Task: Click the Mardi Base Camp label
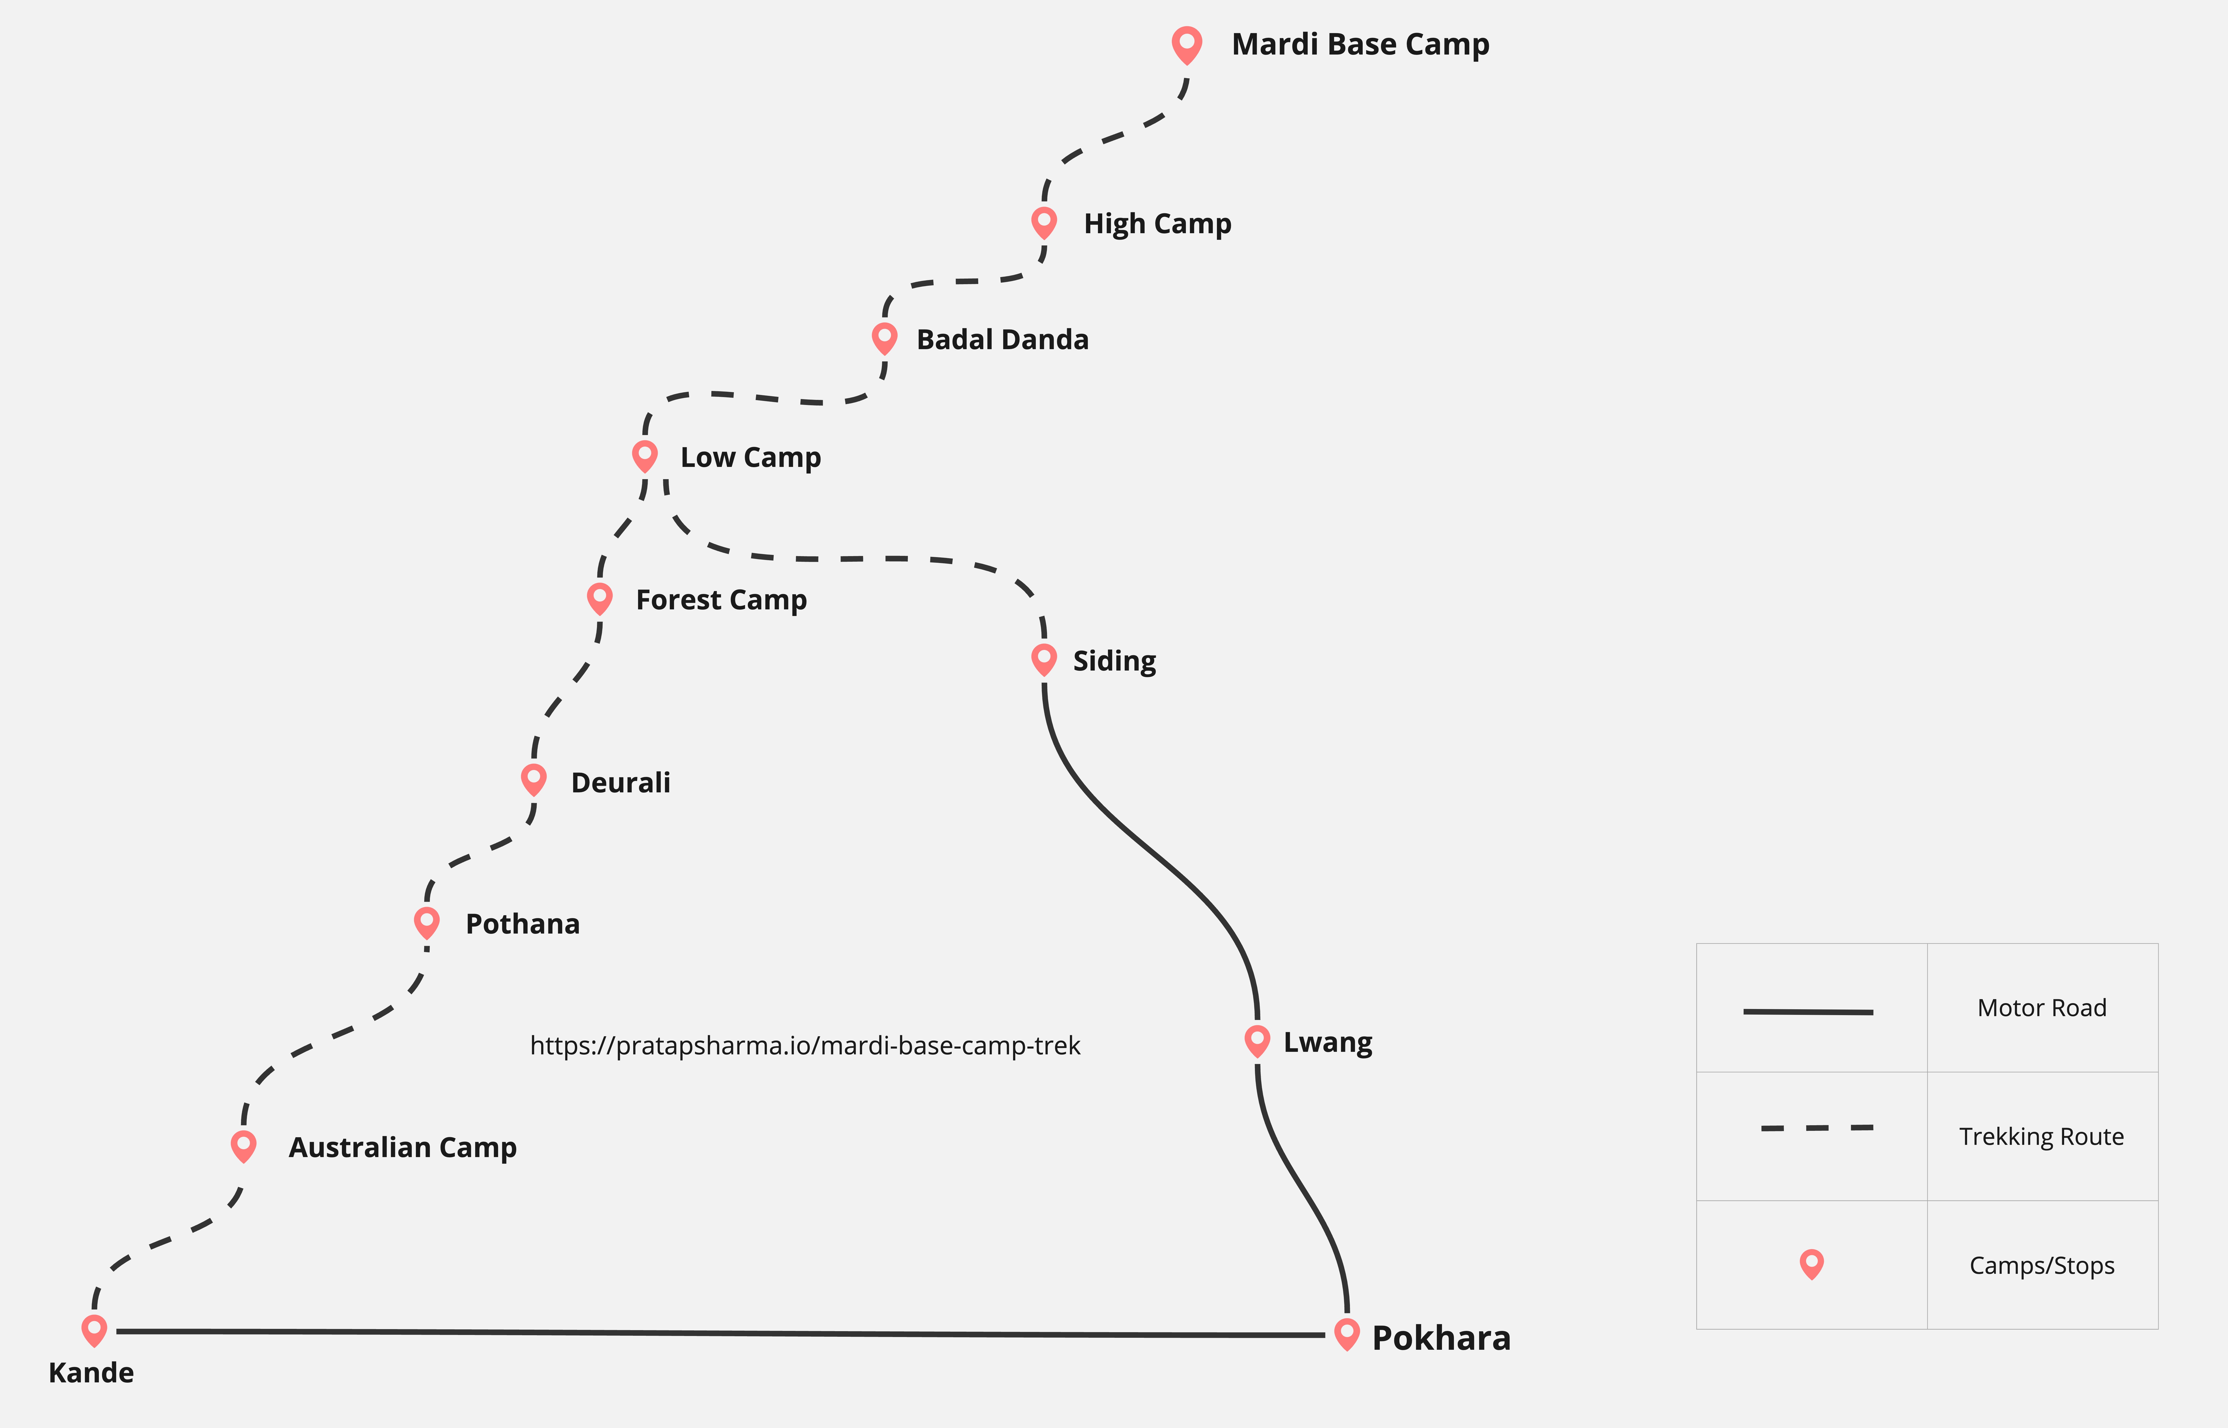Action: (x=1360, y=45)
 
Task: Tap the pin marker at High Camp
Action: (x=1044, y=222)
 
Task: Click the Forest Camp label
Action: (x=721, y=600)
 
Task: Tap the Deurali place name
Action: (x=620, y=783)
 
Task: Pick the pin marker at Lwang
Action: (x=1257, y=1040)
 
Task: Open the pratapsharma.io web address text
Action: (x=804, y=1046)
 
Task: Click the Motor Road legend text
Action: (x=2042, y=1008)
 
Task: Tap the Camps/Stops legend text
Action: (x=2042, y=1266)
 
